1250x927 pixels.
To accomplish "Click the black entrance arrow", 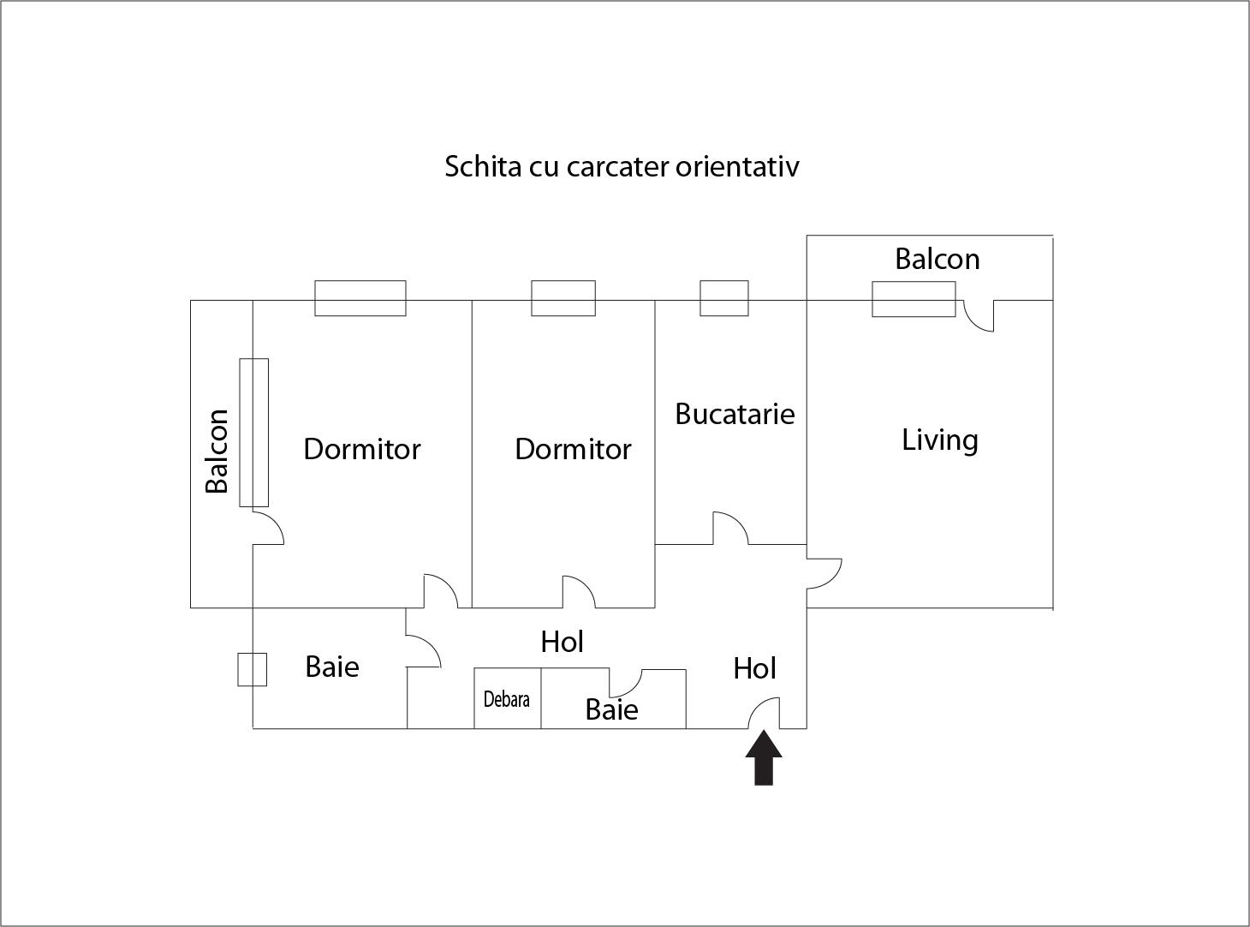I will (x=763, y=758).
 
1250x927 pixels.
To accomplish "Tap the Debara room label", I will (x=506, y=699).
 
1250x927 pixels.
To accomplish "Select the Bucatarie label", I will (x=735, y=414).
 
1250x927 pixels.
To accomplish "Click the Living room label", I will (x=939, y=440).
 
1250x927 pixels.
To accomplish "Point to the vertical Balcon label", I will (x=217, y=451).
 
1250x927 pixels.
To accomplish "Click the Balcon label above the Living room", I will (x=937, y=259).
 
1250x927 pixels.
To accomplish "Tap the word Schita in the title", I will (x=482, y=166).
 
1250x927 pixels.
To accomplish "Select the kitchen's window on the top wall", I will (x=724, y=298).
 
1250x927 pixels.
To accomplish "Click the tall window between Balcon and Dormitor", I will (x=253, y=433).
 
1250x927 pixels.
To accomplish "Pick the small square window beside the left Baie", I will (x=252, y=669).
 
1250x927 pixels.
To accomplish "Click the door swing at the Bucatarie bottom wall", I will (x=730, y=529).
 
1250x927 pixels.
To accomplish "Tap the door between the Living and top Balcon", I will (x=979, y=315).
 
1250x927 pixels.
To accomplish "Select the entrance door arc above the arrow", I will (x=765, y=713).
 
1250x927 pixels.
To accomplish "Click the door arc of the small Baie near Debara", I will (x=625, y=683).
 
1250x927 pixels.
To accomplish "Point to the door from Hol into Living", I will (x=824, y=573).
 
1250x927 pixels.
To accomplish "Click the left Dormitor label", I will (x=361, y=449).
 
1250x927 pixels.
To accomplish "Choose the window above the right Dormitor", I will (x=563, y=298).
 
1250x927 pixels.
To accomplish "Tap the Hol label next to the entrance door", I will (x=754, y=668).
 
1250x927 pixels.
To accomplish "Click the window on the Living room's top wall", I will (x=914, y=299).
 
